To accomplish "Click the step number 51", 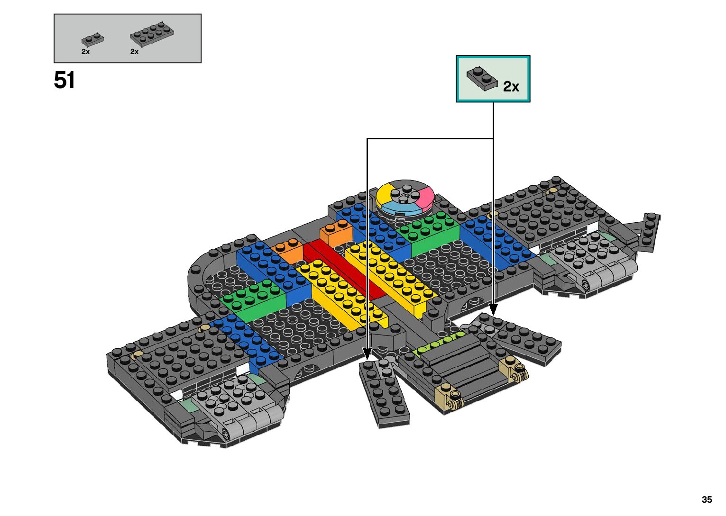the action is (64, 80).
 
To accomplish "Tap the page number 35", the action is (707, 499).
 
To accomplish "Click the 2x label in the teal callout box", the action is (511, 86).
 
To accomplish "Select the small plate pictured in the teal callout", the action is (482, 79).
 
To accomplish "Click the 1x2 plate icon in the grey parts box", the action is (92, 40).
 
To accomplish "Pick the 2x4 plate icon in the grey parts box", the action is (152, 35).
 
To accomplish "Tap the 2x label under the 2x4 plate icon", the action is (134, 52).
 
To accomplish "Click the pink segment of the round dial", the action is (425, 195).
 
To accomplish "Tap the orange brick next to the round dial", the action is (336, 233).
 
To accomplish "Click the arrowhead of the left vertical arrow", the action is (367, 354).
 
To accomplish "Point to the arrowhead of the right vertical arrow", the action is (493, 310).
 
